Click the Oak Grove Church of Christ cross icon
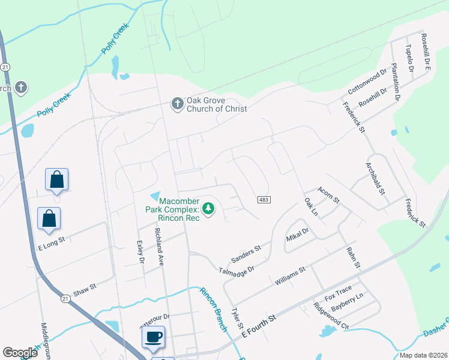click(177, 104)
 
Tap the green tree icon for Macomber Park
click(208, 209)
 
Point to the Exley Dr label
click(140, 251)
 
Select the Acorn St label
click(329, 194)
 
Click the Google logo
click(20, 353)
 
